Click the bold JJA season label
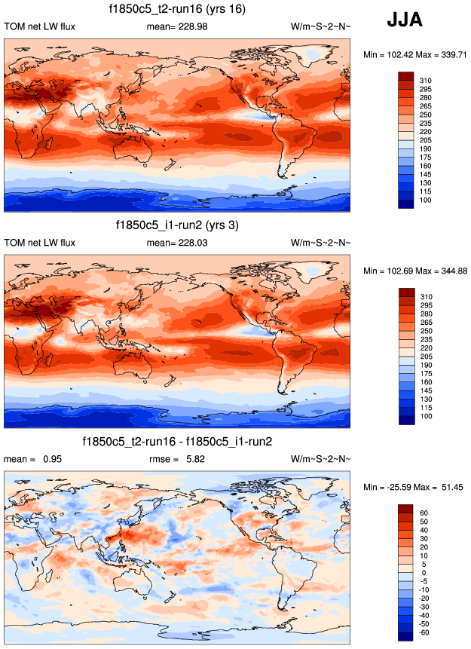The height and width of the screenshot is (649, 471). tap(405, 21)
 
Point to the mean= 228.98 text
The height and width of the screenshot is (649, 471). tap(177, 28)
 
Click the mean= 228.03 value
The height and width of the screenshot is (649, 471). tap(177, 243)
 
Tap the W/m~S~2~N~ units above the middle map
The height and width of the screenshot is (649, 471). tap(320, 243)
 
